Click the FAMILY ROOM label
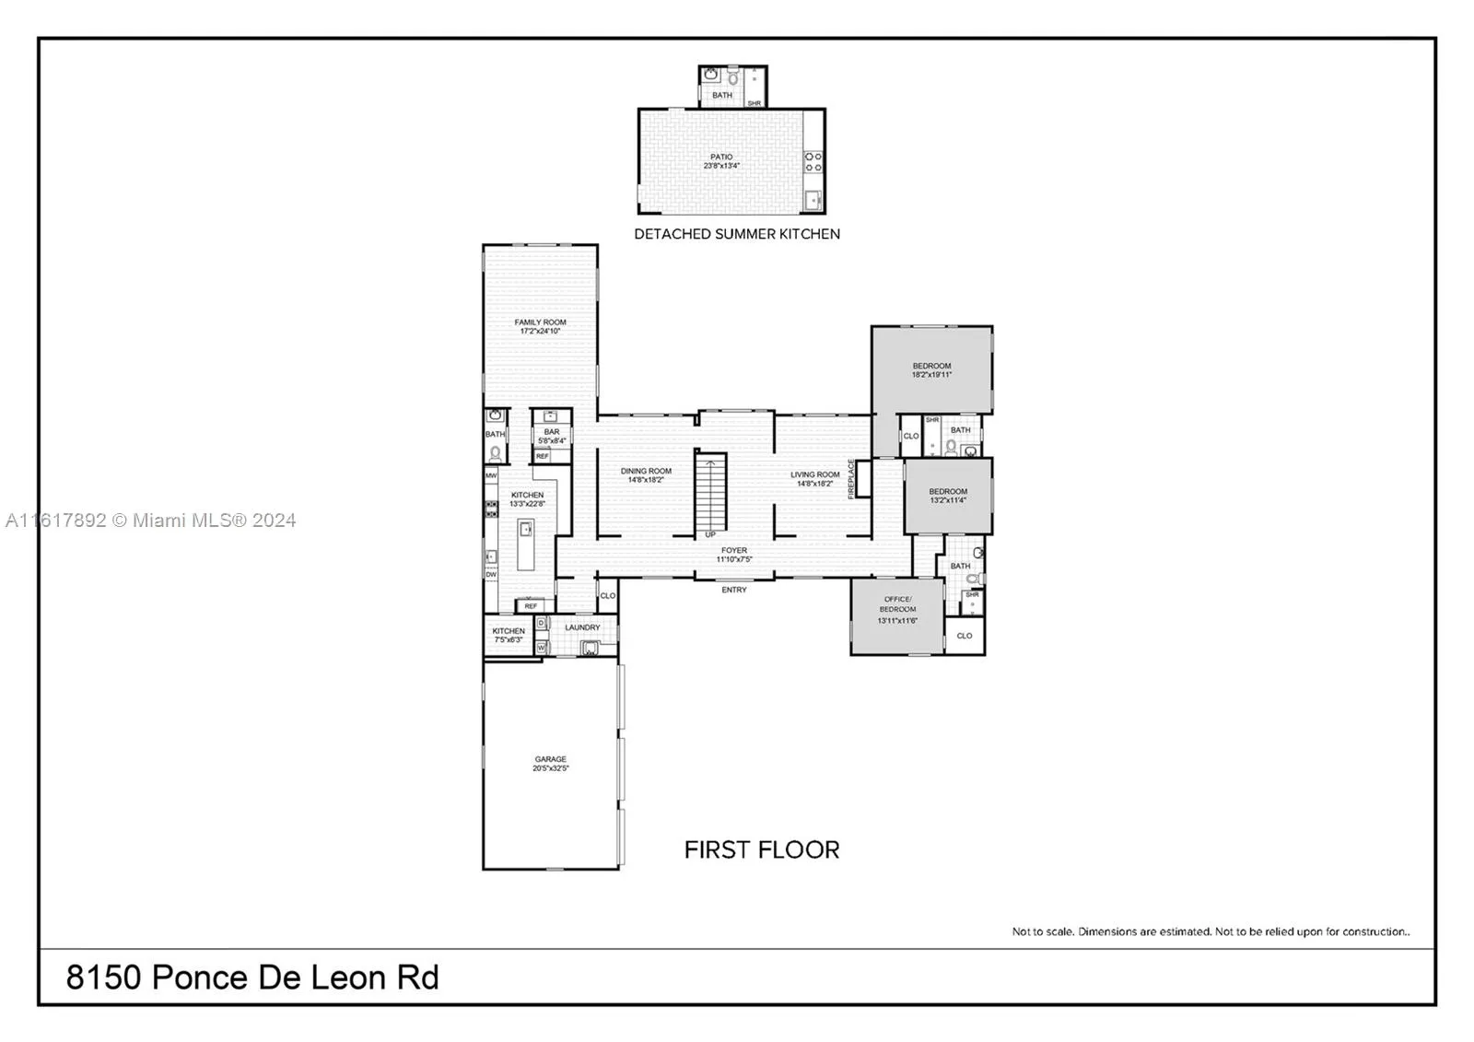540,326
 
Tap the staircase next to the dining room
710,492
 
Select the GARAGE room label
550,764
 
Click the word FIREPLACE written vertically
851,479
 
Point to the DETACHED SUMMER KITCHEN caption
736,234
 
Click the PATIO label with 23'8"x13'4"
721,161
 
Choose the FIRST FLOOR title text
761,849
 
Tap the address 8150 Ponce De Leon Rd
252,977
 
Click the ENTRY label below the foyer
733,590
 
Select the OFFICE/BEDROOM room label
897,609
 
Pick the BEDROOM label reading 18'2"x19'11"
931,370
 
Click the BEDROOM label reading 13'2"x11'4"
947,496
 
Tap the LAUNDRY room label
582,627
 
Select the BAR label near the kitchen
551,436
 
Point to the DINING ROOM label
646,475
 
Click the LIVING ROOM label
814,479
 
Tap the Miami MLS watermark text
151,521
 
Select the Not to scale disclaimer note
1210,931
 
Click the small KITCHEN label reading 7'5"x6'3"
508,635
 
